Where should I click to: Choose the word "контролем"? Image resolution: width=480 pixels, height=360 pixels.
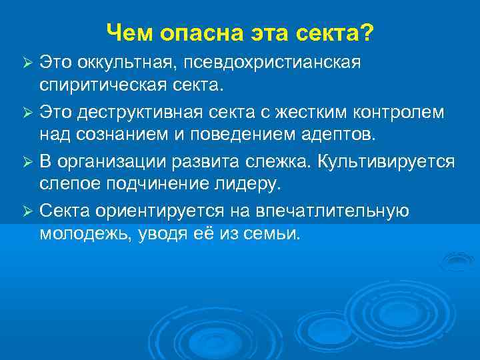[x=401, y=112]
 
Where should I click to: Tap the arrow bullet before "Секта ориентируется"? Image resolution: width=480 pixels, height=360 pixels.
[x=27, y=211]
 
